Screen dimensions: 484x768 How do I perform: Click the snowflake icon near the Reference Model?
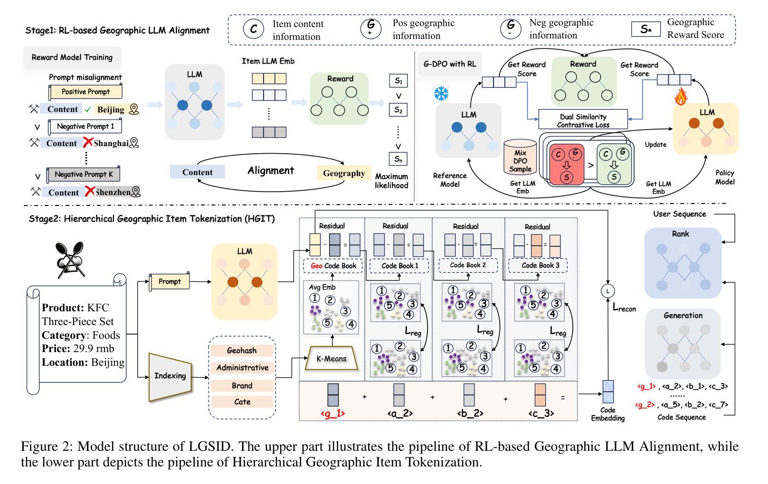pyautogui.click(x=441, y=93)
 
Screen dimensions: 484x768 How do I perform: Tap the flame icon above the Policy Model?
pyautogui.click(x=681, y=98)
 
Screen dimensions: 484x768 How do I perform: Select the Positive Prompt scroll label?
pyautogui.click(x=85, y=92)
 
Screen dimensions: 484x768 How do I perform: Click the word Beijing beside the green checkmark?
pyautogui.click(x=111, y=110)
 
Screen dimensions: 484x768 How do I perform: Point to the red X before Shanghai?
pyautogui.click(x=88, y=142)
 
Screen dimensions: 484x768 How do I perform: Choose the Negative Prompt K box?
pyautogui.click(x=84, y=174)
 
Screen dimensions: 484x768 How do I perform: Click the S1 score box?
pyautogui.click(x=398, y=81)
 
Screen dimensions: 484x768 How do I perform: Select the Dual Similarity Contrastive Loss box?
pyautogui.click(x=583, y=121)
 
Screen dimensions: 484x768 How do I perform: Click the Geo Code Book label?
pyautogui.click(x=333, y=266)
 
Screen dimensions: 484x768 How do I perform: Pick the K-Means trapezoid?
pyautogui.click(x=331, y=359)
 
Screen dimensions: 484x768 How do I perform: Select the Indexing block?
pyautogui.click(x=170, y=376)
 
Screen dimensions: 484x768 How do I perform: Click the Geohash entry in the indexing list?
pyautogui.click(x=242, y=351)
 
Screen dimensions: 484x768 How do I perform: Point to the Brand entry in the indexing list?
pyautogui.click(x=242, y=385)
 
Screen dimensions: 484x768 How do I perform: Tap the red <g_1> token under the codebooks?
pyautogui.click(x=332, y=413)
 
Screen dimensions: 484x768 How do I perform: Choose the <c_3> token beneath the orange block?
pyautogui.click(x=540, y=413)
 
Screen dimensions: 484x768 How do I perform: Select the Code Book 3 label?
pyautogui.click(x=538, y=265)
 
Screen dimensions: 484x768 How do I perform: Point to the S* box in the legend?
pyautogui.click(x=645, y=29)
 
